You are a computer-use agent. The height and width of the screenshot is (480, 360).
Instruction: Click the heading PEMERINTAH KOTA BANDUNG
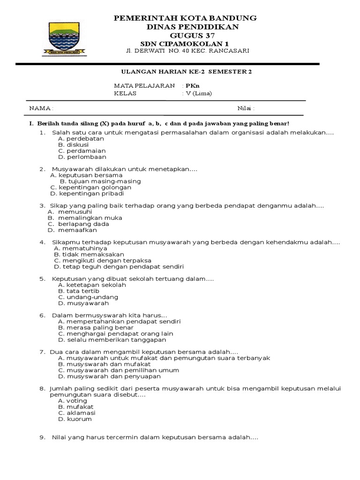[x=186, y=18]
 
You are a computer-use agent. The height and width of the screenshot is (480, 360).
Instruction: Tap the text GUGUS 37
[x=187, y=35]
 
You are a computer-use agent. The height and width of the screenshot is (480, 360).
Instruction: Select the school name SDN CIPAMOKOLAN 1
[x=186, y=43]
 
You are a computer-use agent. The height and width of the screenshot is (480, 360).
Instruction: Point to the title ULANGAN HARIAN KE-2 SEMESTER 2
[x=187, y=72]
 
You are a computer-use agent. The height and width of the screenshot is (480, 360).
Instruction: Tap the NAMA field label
[x=41, y=108]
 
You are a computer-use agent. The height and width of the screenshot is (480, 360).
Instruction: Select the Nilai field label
[x=246, y=108]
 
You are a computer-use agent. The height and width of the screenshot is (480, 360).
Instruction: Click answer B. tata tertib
[x=79, y=291]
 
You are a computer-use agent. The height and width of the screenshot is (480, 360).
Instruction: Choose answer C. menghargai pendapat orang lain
[x=115, y=333]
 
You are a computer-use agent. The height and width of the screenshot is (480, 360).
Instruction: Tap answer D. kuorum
[x=75, y=419]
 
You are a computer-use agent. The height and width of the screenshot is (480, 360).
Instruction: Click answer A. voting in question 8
[x=73, y=401]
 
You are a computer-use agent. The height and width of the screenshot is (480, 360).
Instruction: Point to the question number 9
[x=42, y=437]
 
